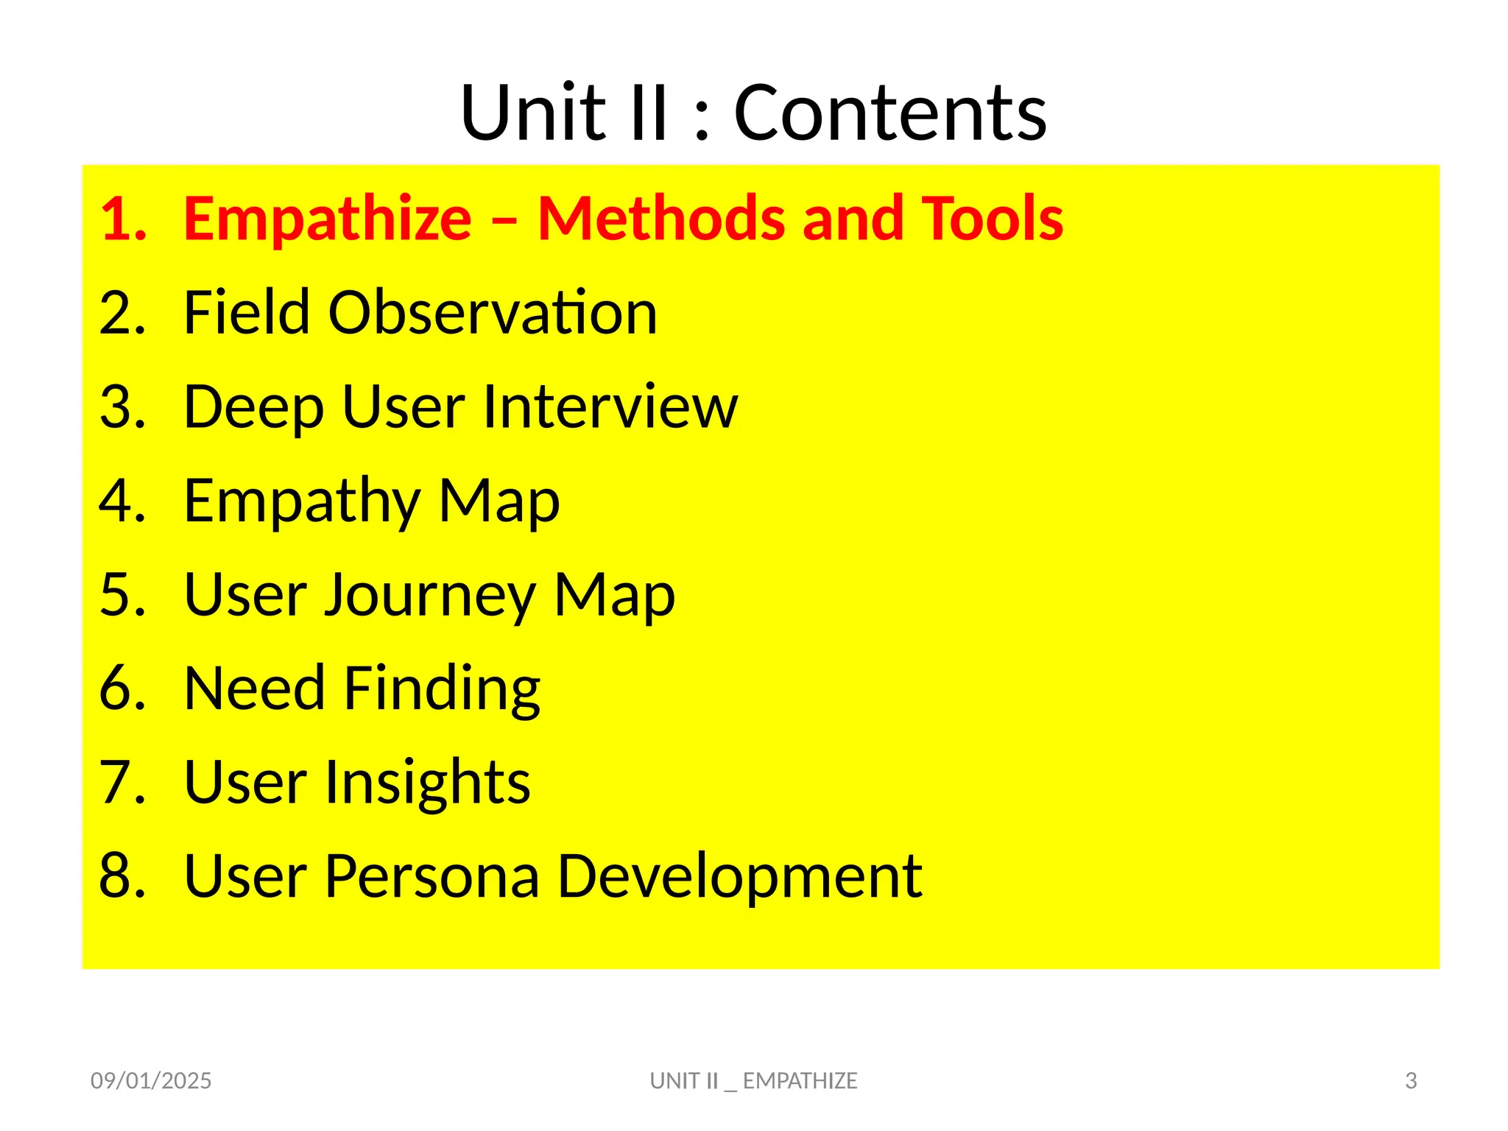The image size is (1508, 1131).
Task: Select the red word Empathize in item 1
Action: coord(328,219)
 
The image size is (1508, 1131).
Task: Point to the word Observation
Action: coord(492,313)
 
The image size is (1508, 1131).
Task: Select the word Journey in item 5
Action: coord(431,595)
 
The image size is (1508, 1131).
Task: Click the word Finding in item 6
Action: coord(442,689)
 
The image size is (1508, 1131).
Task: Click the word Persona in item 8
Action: coord(432,876)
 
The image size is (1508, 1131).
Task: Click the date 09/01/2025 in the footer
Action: coord(151,1080)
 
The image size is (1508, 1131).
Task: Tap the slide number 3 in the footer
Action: coord(1411,1080)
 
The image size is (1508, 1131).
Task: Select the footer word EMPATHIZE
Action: coord(800,1080)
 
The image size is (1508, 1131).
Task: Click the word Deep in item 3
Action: coord(253,408)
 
